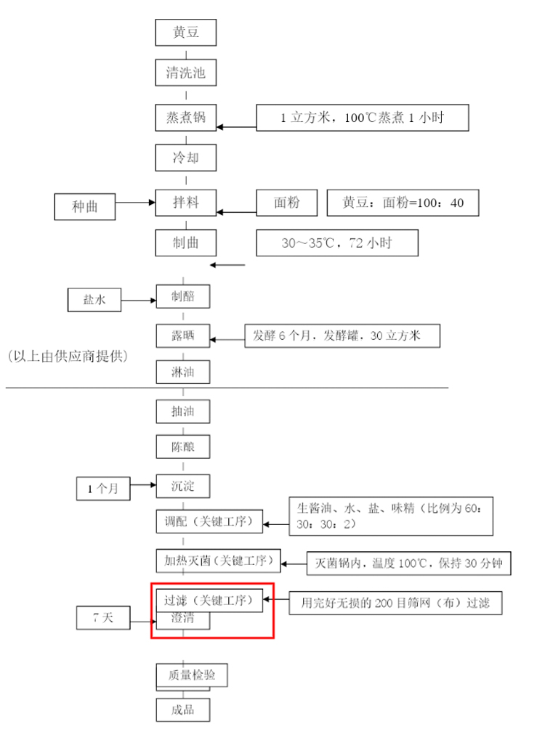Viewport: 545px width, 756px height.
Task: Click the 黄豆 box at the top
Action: click(x=186, y=32)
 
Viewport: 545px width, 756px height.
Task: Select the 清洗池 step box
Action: click(x=186, y=73)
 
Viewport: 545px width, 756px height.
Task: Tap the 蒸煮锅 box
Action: click(x=186, y=117)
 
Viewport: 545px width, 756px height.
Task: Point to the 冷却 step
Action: click(x=186, y=158)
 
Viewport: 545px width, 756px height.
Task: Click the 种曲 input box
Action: click(x=85, y=207)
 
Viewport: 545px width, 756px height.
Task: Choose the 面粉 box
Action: click(x=287, y=203)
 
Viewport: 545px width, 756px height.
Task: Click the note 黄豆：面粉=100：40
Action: click(x=403, y=203)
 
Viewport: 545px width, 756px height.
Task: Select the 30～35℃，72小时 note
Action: click(x=337, y=243)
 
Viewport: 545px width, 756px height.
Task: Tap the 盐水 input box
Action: click(x=94, y=300)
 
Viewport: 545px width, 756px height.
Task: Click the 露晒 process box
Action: click(x=183, y=336)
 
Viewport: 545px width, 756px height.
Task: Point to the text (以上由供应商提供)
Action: click(x=68, y=357)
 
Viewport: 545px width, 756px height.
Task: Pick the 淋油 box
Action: click(x=183, y=372)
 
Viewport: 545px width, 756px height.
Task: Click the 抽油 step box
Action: click(x=183, y=411)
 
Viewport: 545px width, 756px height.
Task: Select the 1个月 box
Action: click(x=103, y=489)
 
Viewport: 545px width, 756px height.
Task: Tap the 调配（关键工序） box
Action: click(x=209, y=521)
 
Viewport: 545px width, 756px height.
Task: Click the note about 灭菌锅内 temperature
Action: click(x=408, y=563)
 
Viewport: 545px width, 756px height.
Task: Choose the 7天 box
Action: click(x=103, y=617)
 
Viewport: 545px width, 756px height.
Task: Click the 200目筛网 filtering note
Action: click(x=395, y=603)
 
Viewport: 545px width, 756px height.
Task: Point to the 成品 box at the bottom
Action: click(x=183, y=710)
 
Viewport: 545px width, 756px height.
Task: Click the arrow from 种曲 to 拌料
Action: click(x=136, y=203)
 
